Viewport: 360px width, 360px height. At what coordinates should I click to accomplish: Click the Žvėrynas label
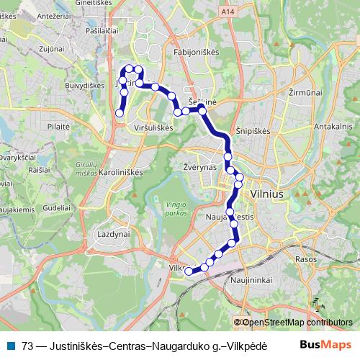click(190, 166)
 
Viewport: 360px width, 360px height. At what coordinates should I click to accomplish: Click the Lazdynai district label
click(112, 235)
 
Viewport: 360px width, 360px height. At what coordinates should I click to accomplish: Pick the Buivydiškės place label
click(84, 85)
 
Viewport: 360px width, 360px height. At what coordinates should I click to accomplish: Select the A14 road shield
click(228, 12)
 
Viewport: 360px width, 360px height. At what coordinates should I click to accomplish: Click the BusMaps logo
click(325, 345)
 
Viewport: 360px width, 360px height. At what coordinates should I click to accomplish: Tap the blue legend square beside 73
click(11, 345)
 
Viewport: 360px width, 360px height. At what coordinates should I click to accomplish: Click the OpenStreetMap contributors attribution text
click(297, 323)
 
